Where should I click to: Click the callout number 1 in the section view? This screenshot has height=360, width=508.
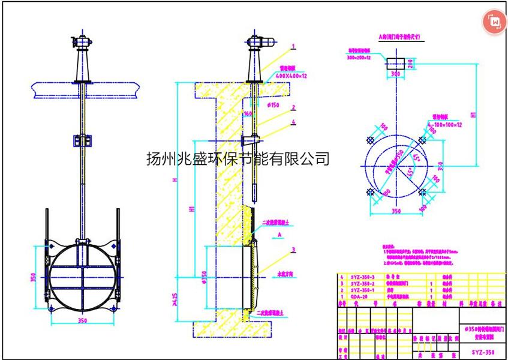coord(293,46)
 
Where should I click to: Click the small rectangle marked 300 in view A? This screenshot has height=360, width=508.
coord(395,64)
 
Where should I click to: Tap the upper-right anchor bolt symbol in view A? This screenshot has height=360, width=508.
coord(422,140)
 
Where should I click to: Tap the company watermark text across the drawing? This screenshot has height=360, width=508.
coord(238,159)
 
